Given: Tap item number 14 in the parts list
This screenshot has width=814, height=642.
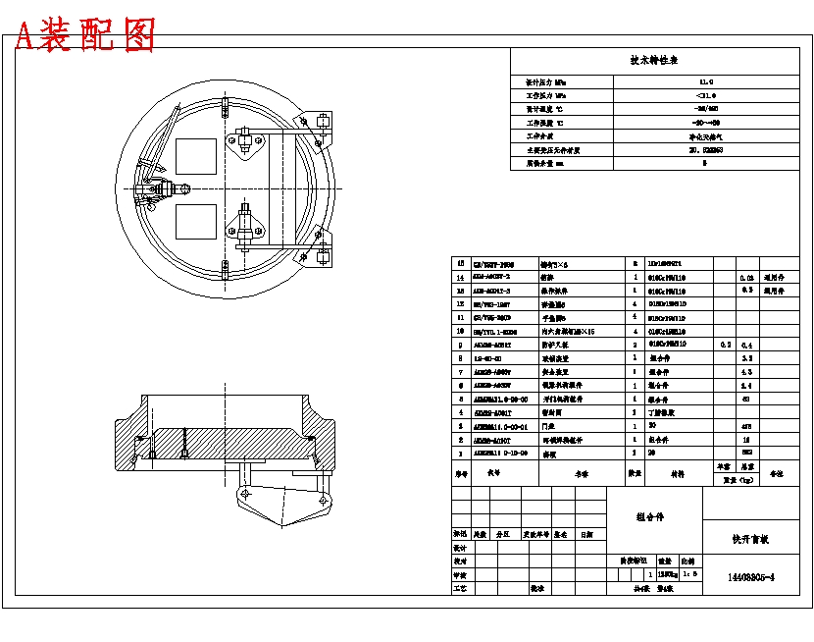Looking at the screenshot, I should (x=460, y=278).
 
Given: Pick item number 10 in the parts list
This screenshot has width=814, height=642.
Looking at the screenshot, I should (x=460, y=333).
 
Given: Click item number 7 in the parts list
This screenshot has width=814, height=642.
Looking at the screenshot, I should (x=460, y=373).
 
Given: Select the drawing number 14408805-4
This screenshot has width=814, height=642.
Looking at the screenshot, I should (x=751, y=578).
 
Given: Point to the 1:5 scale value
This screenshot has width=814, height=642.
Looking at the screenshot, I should (x=689, y=573).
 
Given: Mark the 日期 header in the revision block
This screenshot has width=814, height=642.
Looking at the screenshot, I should (x=585, y=535).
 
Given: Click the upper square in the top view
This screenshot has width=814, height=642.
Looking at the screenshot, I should (x=196, y=158).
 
